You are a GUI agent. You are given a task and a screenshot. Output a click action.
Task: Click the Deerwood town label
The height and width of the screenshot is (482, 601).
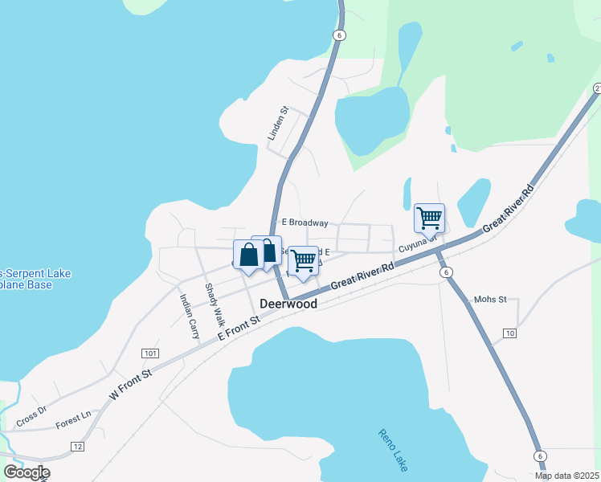[x=288, y=304]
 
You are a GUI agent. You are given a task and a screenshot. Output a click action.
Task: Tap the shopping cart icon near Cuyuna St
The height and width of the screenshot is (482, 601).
[x=429, y=218]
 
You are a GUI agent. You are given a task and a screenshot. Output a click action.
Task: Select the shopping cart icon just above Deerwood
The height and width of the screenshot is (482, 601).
[x=303, y=260]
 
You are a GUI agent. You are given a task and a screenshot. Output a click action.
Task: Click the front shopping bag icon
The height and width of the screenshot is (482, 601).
[x=248, y=255]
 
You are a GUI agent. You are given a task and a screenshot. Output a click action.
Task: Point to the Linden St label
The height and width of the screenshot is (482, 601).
[x=278, y=124]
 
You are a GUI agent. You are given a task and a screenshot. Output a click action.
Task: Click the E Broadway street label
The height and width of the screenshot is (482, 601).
[x=300, y=223]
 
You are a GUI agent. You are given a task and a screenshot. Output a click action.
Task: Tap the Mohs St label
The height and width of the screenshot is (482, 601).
[x=490, y=300]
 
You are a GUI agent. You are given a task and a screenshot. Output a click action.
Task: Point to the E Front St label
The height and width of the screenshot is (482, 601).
[x=240, y=329]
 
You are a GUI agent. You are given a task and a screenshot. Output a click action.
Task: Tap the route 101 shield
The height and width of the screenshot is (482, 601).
[x=149, y=353]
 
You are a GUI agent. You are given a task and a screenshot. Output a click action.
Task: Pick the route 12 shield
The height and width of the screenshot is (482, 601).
[x=77, y=446]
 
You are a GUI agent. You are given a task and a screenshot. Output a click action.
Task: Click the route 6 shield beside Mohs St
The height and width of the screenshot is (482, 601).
[x=446, y=273]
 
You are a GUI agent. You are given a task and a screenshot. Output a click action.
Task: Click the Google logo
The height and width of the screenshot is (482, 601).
[x=27, y=472]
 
